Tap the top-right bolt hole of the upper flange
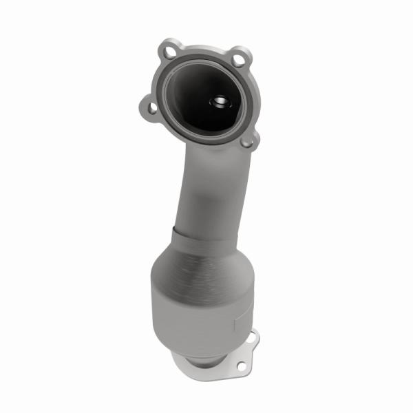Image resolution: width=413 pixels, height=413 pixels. [238, 60]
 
